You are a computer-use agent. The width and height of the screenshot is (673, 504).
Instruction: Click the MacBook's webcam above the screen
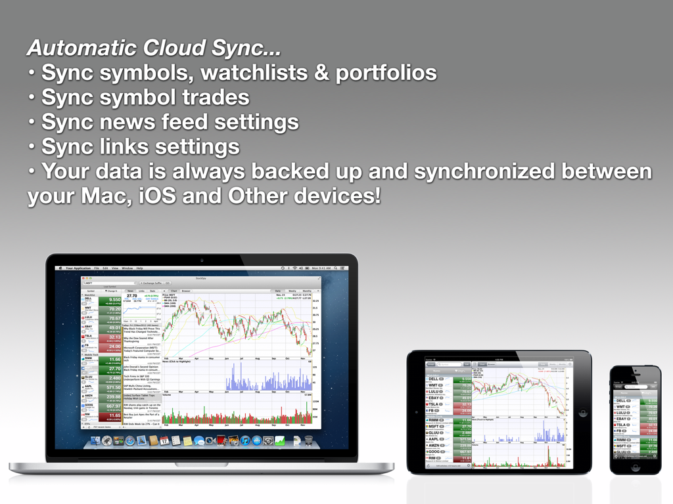[x=202, y=260]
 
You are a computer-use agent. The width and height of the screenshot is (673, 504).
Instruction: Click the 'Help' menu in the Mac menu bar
[x=139, y=268]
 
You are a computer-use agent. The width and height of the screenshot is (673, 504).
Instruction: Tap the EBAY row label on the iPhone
[x=621, y=418]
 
